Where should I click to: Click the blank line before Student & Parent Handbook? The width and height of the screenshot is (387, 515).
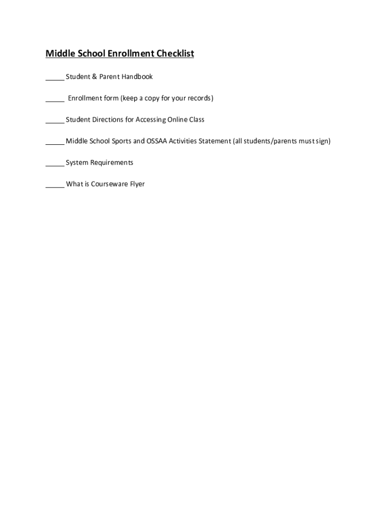(54, 78)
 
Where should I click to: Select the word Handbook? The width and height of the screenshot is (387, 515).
(137, 77)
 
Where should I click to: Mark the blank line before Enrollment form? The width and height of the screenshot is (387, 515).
(54, 100)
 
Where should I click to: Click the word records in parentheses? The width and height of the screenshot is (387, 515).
(199, 98)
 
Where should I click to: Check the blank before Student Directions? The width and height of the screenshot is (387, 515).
(54, 122)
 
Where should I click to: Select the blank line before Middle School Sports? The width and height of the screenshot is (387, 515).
(54, 143)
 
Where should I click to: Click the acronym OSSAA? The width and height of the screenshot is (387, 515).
(157, 141)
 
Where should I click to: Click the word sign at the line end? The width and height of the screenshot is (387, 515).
(323, 141)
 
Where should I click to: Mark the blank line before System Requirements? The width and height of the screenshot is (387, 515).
(54, 164)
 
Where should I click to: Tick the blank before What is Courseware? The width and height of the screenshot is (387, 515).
(54, 186)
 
